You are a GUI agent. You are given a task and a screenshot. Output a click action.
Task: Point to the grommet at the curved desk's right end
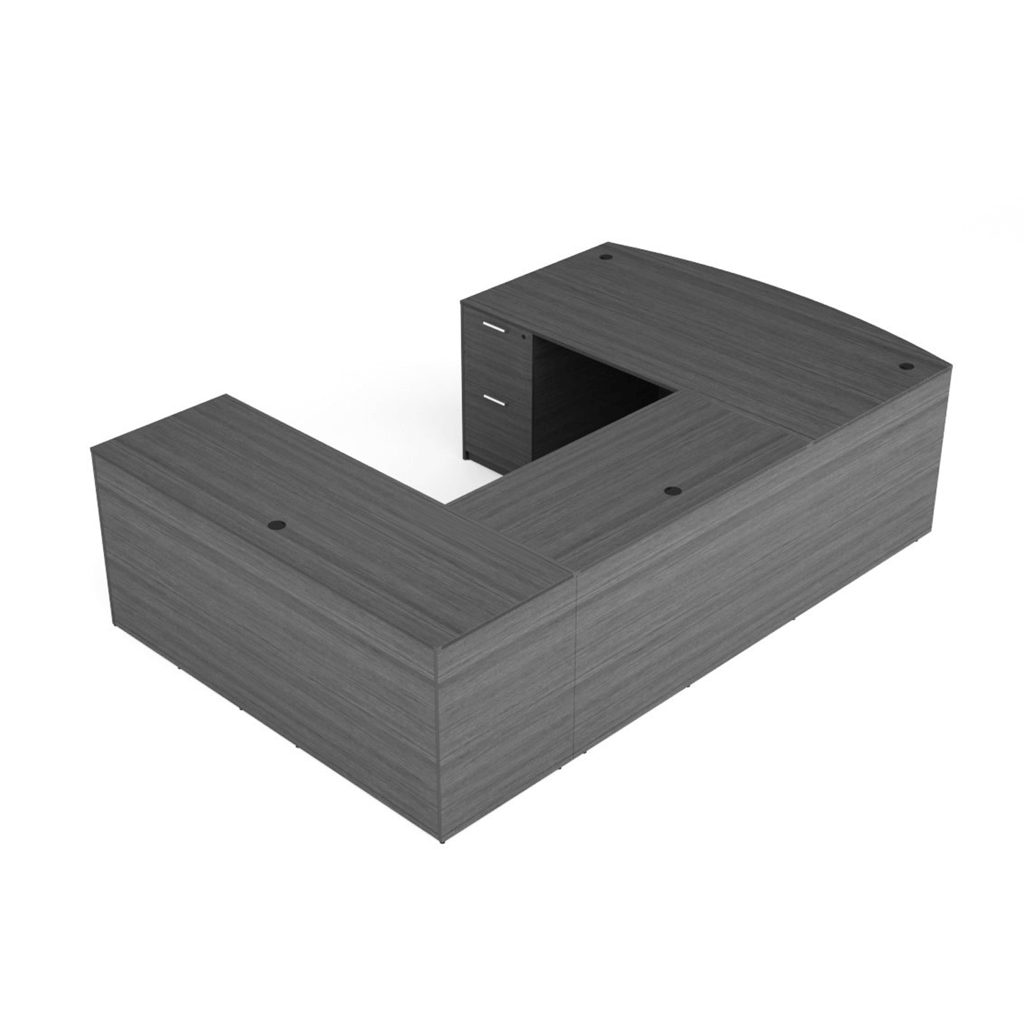908,367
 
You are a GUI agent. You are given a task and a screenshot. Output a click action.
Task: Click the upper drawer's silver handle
494,326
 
